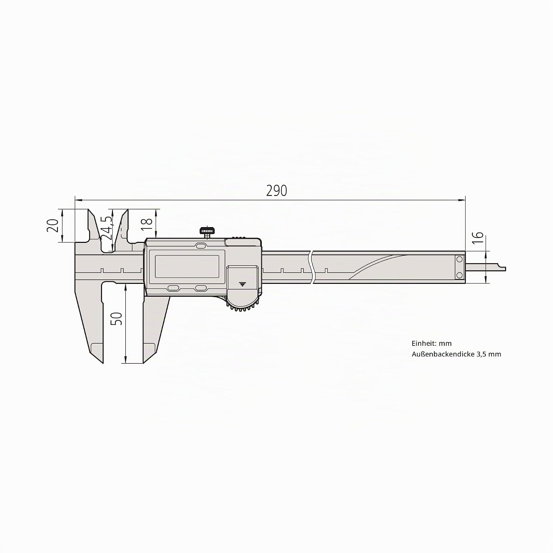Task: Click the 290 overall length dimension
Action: [276, 191]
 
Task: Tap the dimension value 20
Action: [53, 225]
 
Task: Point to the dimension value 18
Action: [147, 222]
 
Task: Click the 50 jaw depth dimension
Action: [116, 319]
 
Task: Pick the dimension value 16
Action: [477, 237]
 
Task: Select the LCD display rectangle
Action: [187, 267]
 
